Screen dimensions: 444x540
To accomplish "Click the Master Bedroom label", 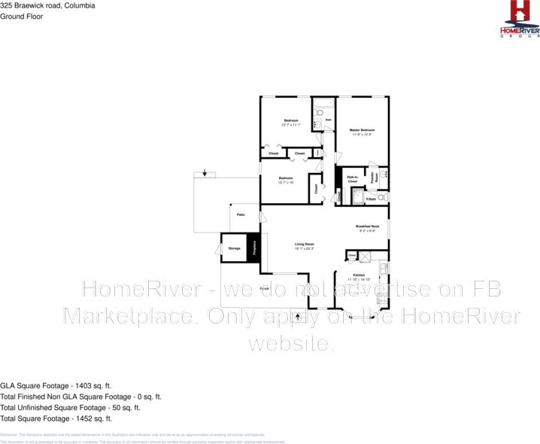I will [x=362, y=129].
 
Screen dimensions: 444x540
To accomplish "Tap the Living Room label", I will [x=305, y=244].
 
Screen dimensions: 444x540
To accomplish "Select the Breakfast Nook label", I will [x=367, y=227].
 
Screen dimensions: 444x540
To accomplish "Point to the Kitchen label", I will [x=359, y=276].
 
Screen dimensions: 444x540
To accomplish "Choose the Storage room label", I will [x=235, y=248].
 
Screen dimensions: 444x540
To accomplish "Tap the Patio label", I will [x=241, y=214].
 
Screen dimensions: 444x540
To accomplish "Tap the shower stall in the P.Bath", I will [x=359, y=196].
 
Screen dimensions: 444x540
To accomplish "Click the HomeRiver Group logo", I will [x=520, y=19].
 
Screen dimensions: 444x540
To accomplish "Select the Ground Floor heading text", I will [x=22, y=16].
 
